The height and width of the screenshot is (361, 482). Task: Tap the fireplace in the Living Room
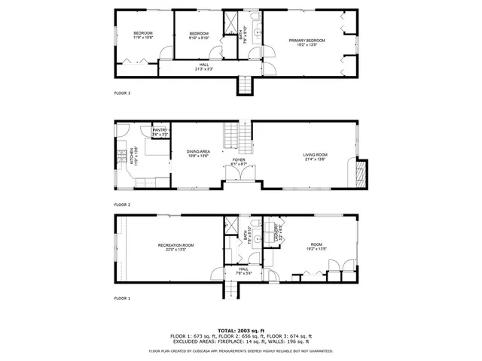360,175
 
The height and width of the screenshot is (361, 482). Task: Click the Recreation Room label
176,246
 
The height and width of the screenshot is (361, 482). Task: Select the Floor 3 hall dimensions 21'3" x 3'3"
204,69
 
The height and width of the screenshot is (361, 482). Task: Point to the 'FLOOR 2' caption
122,205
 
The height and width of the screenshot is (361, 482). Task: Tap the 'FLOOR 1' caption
122,299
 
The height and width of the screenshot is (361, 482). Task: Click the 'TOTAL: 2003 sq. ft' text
241,330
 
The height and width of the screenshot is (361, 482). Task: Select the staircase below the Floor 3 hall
244,85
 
